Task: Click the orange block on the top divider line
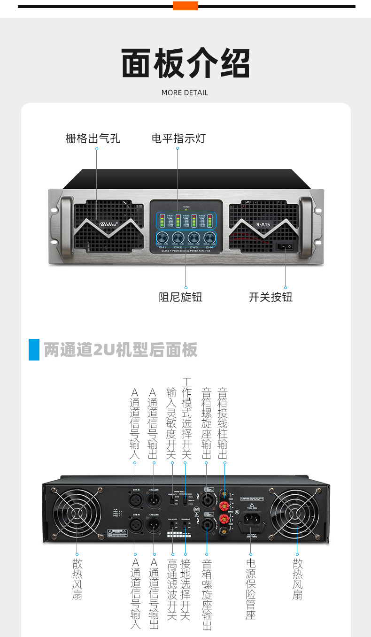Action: (x=185, y=6)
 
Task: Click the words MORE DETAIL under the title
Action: (x=185, y=92)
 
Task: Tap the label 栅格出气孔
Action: (x=93, y=138)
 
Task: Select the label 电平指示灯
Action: (x=178, y=138)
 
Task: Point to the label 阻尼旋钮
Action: (x=180, y=297)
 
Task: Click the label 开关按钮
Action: (x=271, y=297)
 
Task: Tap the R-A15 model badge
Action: (x=263, y=224)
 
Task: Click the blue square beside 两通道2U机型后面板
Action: (x=34, y=349)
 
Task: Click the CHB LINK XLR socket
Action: (x=154, y=526)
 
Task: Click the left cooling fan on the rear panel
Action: (x=77, y=514)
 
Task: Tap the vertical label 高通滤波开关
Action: (x=172, y=589)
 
